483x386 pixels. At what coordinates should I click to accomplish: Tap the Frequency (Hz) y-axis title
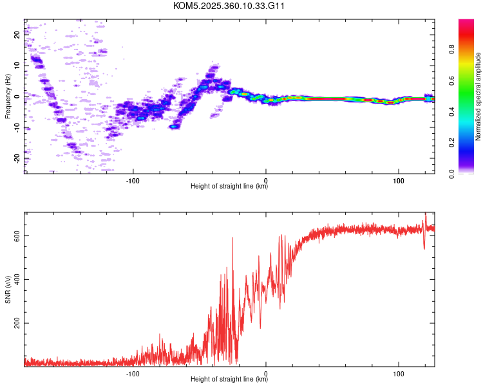[8, 96]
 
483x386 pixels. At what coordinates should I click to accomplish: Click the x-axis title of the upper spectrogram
[229, 187]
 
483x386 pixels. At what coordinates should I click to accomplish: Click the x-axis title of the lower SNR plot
[229, 380]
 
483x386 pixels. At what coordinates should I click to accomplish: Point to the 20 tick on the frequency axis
[17, 35]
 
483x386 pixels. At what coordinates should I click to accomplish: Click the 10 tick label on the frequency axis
[17, 66]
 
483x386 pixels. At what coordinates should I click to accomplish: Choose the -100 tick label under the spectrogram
[133, 180]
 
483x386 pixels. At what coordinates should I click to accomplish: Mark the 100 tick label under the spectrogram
[399, 180]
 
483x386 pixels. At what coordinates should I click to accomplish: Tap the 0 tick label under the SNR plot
[266, 373]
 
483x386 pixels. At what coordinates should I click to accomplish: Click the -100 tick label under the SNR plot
[133, 373]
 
